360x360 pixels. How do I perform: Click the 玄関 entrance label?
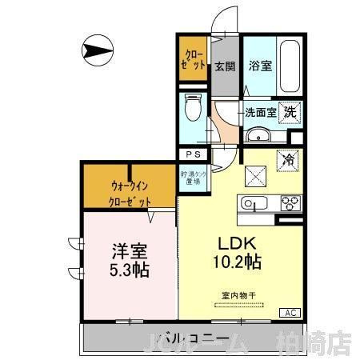(x=223, y=66)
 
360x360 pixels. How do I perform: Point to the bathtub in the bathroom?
(x=290, y=65)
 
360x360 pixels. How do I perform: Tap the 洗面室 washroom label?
(x=261, y=113)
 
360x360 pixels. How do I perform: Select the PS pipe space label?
(x=192, y=155)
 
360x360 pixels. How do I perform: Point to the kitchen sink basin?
(x=253, y=204)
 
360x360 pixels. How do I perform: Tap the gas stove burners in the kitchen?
(x=286, y=205)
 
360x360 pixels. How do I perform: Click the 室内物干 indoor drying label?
(x=238, y=295)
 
